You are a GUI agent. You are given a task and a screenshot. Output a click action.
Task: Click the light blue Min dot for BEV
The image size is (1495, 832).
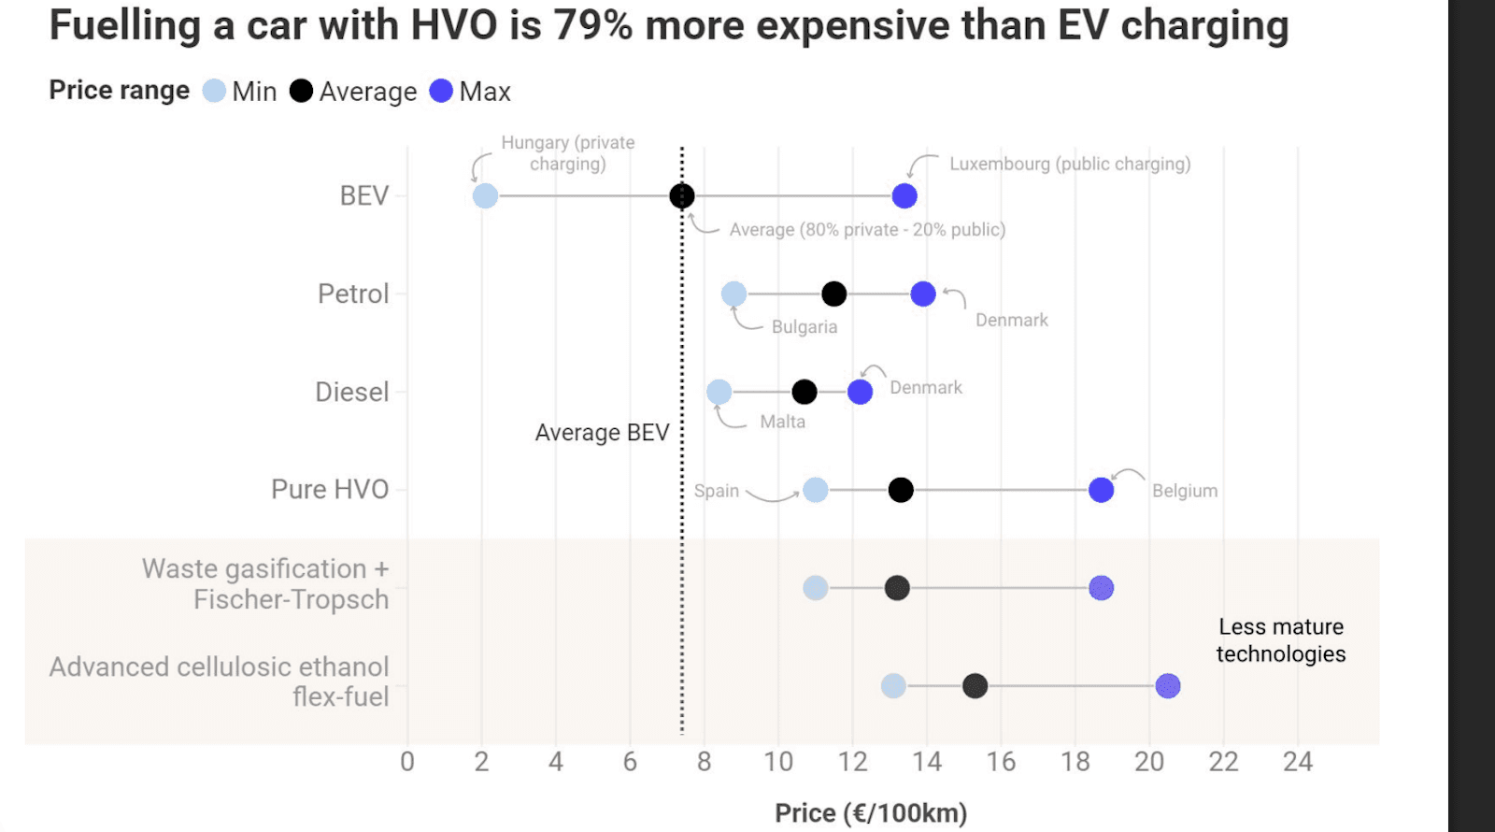click(x=485, y=196)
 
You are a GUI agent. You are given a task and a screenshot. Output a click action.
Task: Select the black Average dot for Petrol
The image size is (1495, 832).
click(x=834, y=294)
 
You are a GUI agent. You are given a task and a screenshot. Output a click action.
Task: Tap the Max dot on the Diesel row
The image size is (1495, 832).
click(x=860, y=393)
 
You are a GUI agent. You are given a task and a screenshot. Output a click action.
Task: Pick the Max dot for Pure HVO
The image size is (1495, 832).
click(x=1101, y=490)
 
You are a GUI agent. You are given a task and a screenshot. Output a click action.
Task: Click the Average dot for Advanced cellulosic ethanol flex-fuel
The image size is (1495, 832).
click(x=975, y=686)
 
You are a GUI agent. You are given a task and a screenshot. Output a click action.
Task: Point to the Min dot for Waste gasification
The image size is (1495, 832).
click(x=816, y=588)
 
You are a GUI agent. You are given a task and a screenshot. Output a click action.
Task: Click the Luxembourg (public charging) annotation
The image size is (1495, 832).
click(x=1070, y=165)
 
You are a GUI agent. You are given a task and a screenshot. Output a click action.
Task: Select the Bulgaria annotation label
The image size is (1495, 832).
click(x=804, y=327)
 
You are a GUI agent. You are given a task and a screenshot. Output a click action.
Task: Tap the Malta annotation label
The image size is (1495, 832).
click(x=782, y=422)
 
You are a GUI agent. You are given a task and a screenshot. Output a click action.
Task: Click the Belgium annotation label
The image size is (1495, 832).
click(x=1184, y=491)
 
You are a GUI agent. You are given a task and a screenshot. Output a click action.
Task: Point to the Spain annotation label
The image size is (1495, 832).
click(x=717, y=491)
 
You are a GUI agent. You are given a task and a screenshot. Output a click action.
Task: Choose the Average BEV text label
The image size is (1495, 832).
click(x=602, y=433)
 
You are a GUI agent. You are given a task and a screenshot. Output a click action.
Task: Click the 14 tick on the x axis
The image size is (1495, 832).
click(x=927, y=762)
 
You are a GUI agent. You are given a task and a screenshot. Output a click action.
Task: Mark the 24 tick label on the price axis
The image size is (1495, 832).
click(x=1297, y=762)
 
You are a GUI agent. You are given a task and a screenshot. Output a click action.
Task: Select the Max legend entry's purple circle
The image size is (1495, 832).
click(x=441, y=91)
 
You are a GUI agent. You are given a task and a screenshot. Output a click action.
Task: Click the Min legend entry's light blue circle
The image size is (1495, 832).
click(x=214, y=91)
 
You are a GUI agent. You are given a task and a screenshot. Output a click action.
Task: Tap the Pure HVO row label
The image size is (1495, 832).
click(x=330, y=490)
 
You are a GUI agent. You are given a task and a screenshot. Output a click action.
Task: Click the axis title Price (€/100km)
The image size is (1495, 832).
click(x=871, y=813)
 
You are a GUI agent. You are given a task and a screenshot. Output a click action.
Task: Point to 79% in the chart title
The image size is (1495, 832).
click(x=593, y=25)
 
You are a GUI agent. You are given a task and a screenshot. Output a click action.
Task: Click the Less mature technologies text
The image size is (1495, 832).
click(x=1280, y=640)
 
